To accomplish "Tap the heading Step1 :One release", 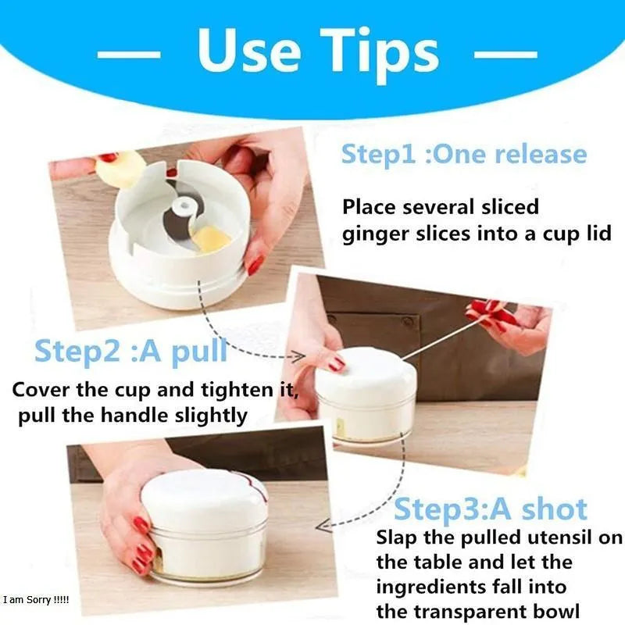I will coord(464,154).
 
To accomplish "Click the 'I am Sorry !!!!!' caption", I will coord(36,599).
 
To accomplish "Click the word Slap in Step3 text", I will coord(399,537).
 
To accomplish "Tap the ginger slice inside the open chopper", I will coord(211,238).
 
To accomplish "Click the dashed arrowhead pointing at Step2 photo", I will coord(298,356).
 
